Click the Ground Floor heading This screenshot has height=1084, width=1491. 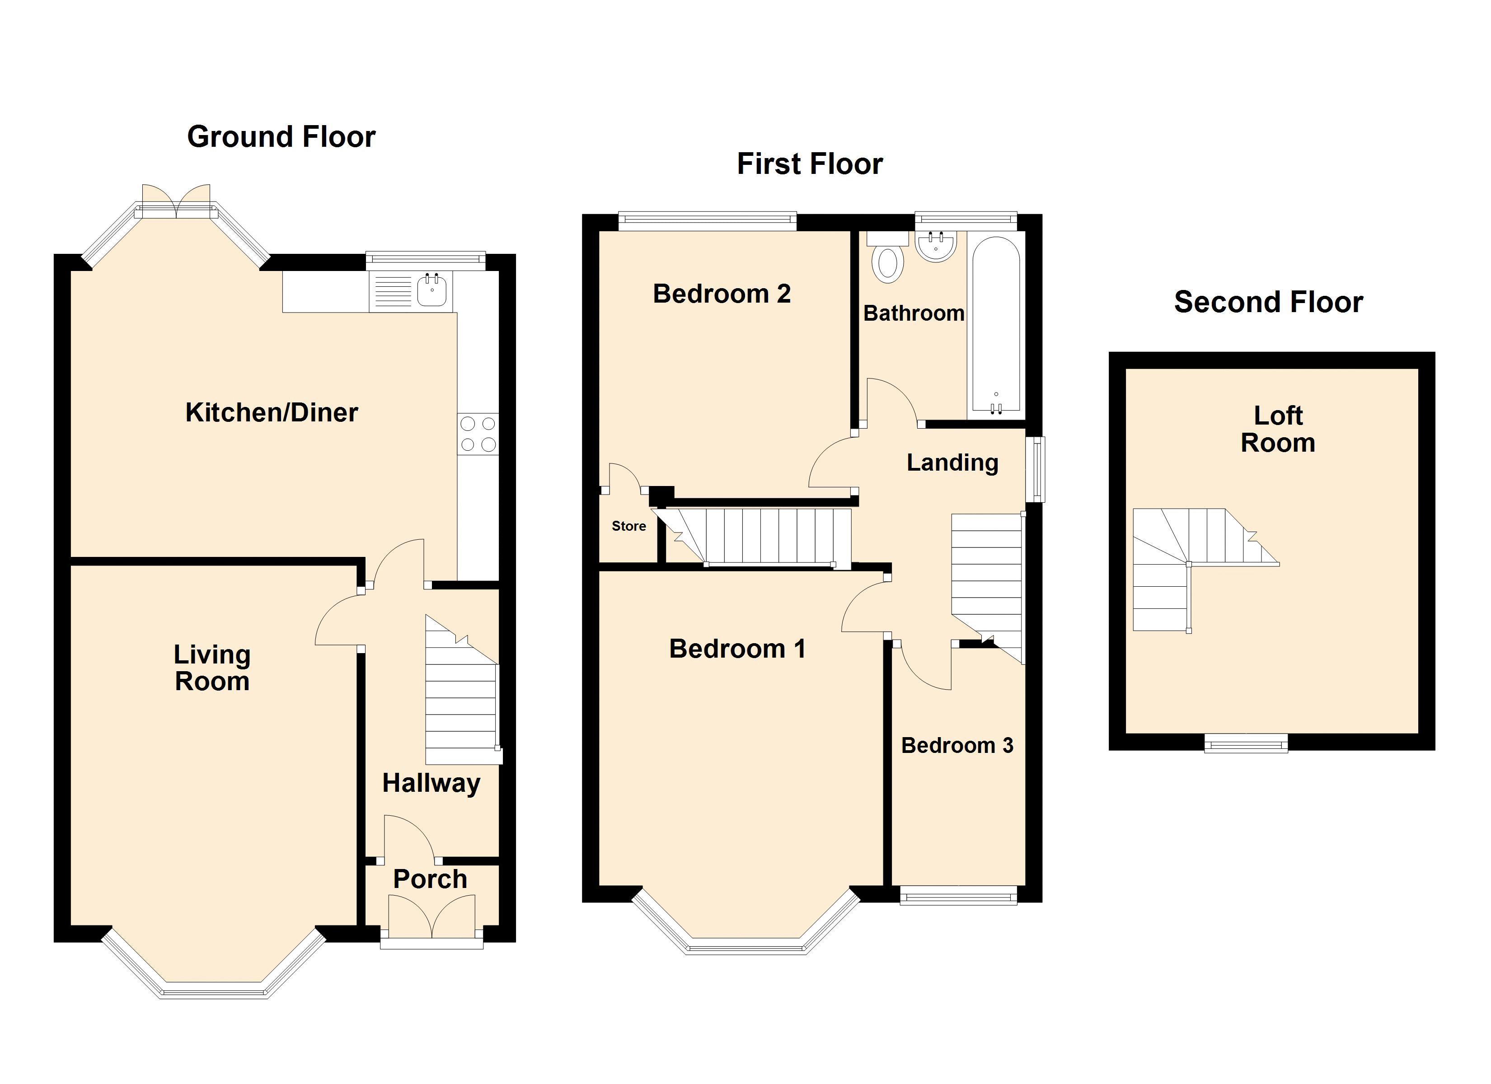click(x=281, y=137)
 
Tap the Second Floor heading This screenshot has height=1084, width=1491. click(x=1268, y=302)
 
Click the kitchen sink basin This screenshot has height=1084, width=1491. click(x=432, y=290)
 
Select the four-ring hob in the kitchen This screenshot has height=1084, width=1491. click(x=478, y=434)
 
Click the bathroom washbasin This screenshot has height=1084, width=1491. click(x=936, y=247)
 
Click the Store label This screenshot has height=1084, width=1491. click(x=628, y=526)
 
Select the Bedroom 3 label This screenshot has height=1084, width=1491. click(x=957, y=745)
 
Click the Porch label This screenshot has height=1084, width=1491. click(x=430, y=879)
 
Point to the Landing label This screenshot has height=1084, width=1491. click(x=952, y=463)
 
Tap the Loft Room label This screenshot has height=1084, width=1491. click(x=1278, y=429)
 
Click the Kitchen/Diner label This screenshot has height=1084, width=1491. click(x=272, y=413)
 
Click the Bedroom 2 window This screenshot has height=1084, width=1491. click(x=708, y=221)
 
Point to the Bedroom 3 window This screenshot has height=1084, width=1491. click(x=958, y=895)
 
